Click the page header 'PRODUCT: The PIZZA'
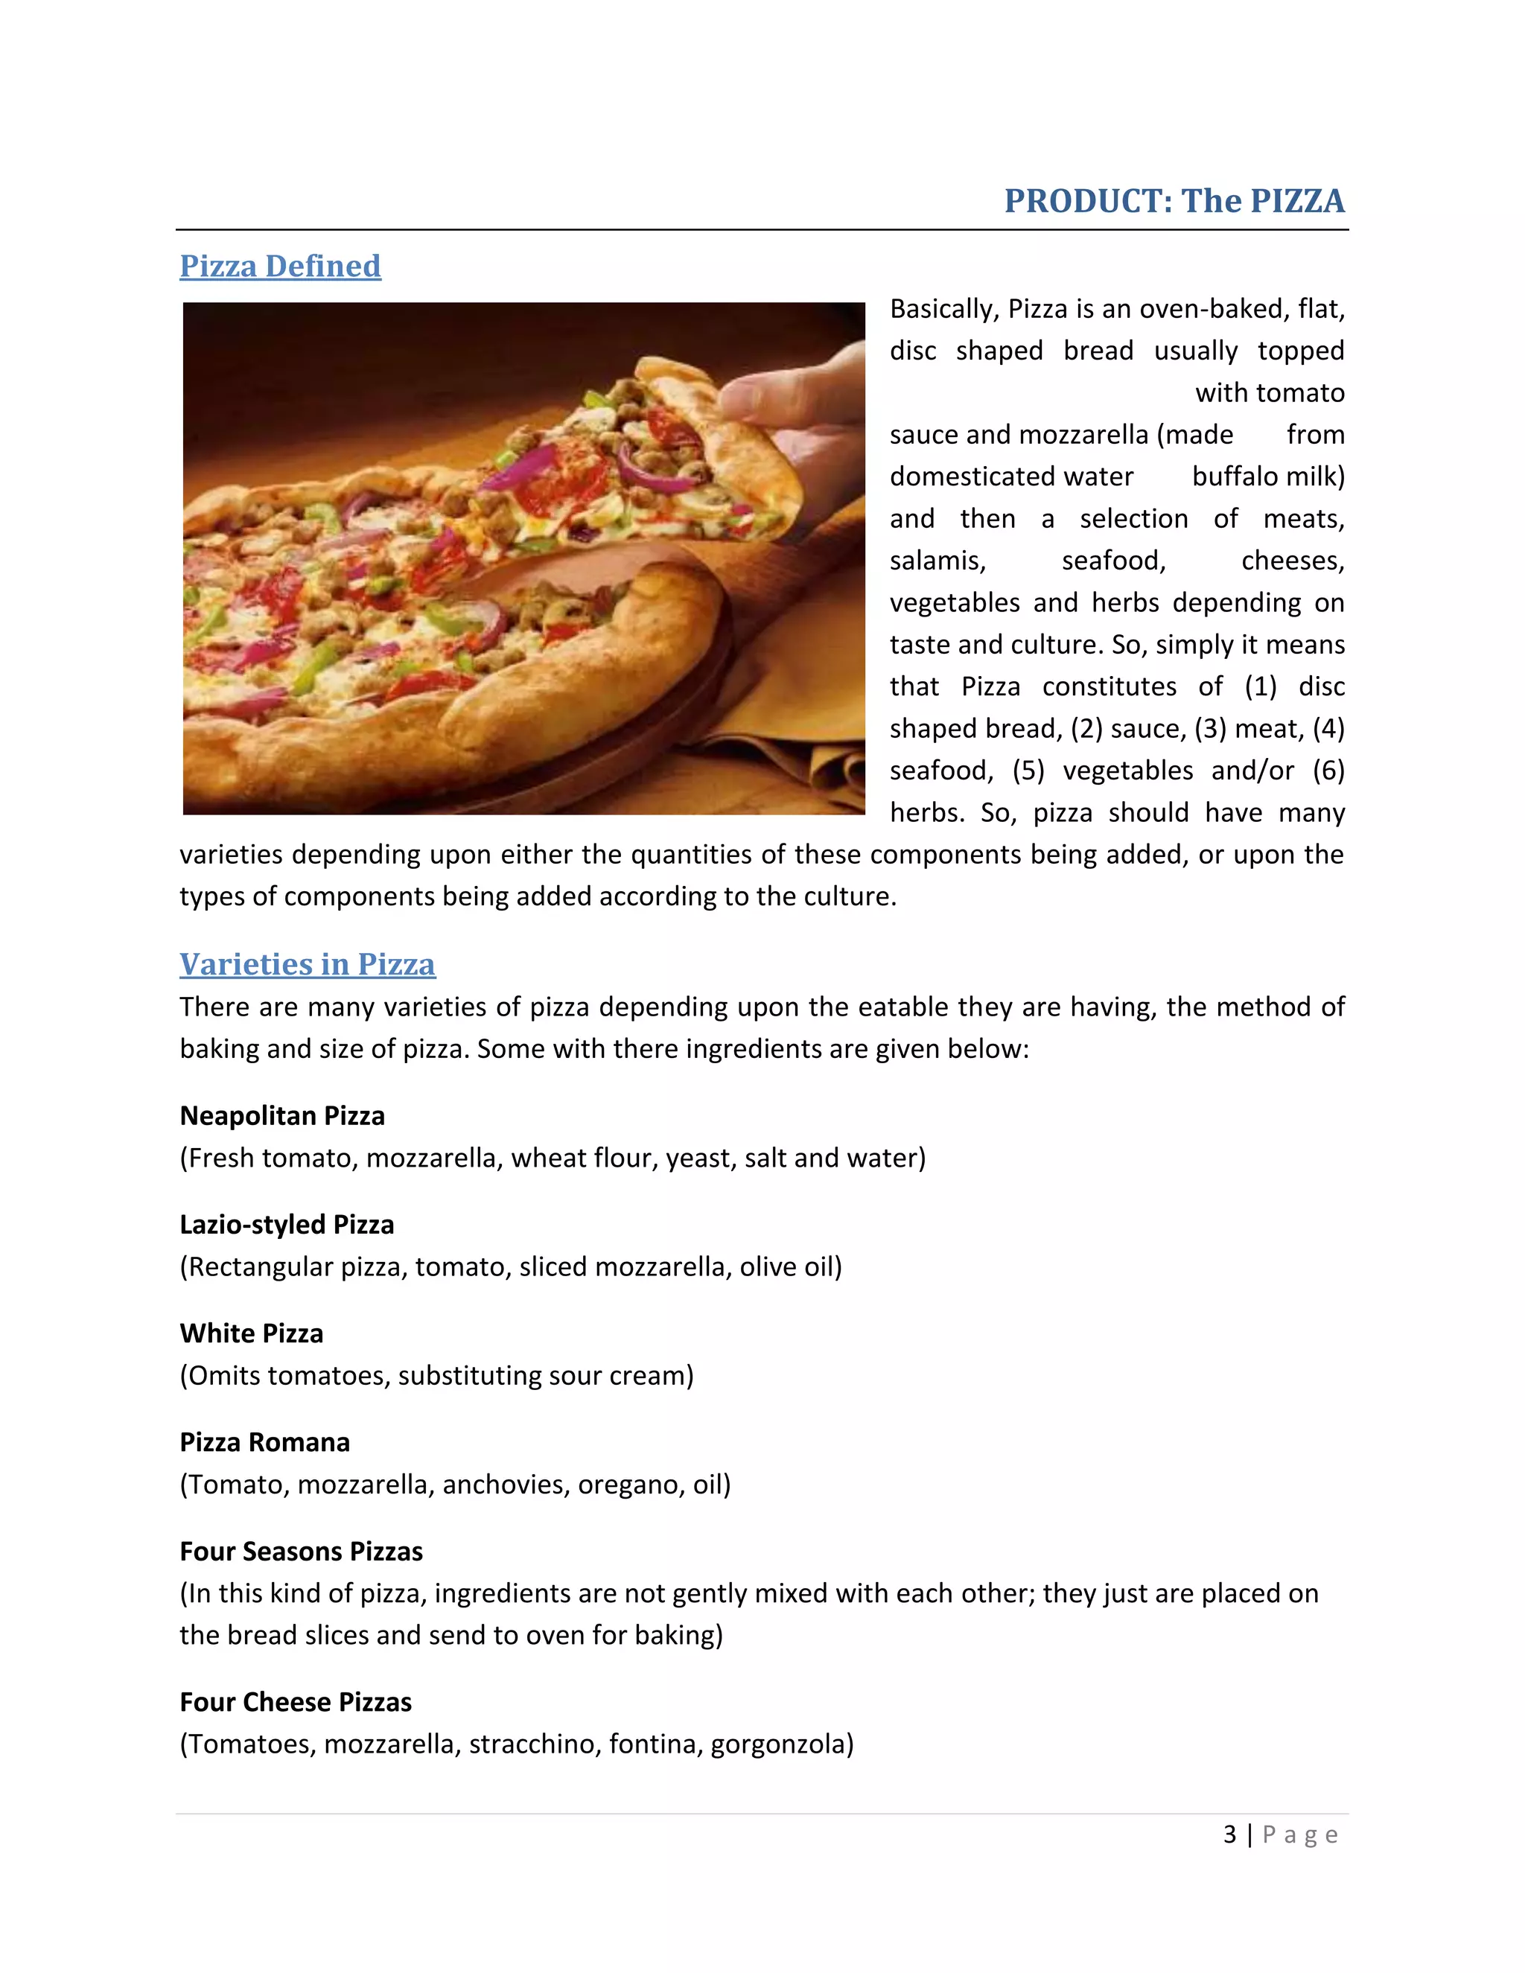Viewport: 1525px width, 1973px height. coord(1174,200)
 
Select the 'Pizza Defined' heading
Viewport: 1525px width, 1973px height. coord(280,266)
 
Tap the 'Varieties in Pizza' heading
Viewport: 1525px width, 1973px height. coord(308,964)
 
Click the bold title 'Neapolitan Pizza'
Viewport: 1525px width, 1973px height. coord(282,1116)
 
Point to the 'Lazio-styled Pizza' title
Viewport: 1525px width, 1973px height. coord(287,1224)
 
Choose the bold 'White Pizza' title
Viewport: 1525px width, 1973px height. coord(251,1333)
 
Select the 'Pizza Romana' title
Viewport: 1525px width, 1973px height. coord(264,1442)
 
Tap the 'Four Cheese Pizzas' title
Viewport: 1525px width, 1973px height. coord(296,1702)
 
